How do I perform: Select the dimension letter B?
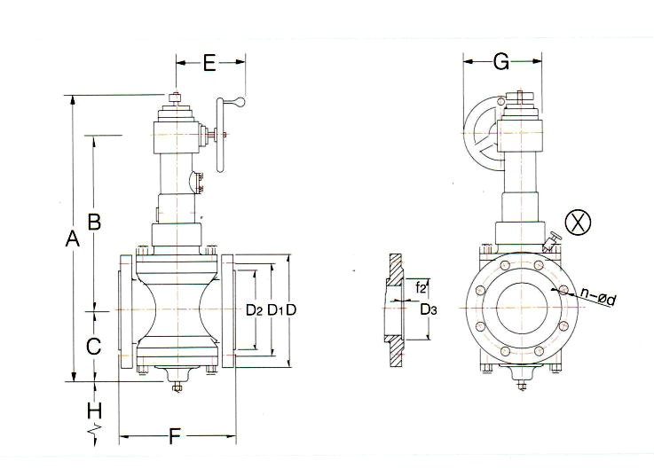95,219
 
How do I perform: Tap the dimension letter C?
94,347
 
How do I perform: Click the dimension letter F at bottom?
176,435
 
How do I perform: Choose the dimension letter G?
500,61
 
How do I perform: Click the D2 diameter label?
254,310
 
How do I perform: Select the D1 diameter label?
275,310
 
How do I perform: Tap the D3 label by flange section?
428,309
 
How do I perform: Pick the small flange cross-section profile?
392,311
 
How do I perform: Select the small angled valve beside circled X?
552,242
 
